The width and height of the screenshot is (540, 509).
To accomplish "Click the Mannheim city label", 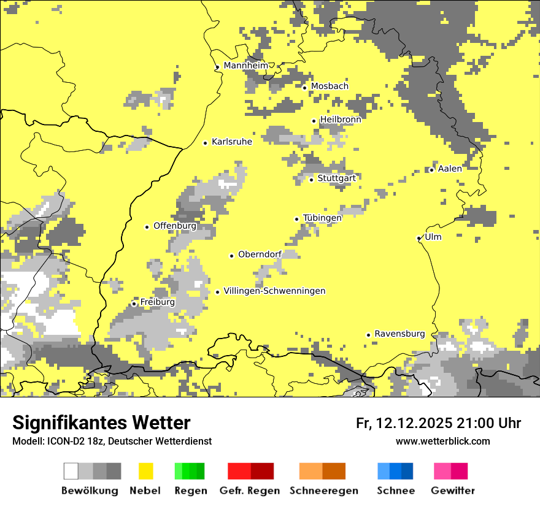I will pyautogui.click(x=245, y=66).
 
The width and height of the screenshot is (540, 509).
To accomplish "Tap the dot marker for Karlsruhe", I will pyautogui.click(x=206, y=143).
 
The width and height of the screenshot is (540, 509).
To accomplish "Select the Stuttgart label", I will pyautogui.click(x=336, y=178).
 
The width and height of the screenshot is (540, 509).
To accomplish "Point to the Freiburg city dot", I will pyautogui.click(x=134, y=304).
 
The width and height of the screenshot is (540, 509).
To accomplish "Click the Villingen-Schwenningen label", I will pyautogui.click(x=274, y=291).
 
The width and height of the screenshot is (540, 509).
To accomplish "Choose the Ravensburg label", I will pyautogui.click(x=399, y=334).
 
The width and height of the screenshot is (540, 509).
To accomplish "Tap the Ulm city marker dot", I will pyautogui.click(x=419, y=238).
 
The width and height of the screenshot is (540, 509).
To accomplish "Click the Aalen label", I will pyautogui.click(x=450, y=169).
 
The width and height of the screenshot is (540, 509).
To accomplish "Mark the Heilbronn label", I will pyautogui.click(x=341, y=120).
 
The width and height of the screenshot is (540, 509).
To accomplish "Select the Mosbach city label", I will pyautogui.click(x=330, y=86).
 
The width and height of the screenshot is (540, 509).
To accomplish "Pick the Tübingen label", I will pyautogui.click(x=322, y=218).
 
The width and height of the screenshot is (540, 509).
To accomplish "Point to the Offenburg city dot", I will pyautogui.click(x=147, y=227).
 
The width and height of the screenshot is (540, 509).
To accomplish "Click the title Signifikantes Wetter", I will pyautogui.click(x=101, y=423).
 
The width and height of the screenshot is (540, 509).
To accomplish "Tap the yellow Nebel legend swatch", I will pyautogui.click(x=146, y=471).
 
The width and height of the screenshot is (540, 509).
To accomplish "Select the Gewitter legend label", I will pyautogui.click(x=453, y=491).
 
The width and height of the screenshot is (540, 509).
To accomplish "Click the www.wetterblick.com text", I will pyautogui.click(x=442, y=441).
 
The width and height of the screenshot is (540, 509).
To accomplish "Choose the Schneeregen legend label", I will pyautogui.click(x=324, y=491).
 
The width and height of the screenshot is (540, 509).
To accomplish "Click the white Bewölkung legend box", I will pyautogui.click(x=71, y=471).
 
